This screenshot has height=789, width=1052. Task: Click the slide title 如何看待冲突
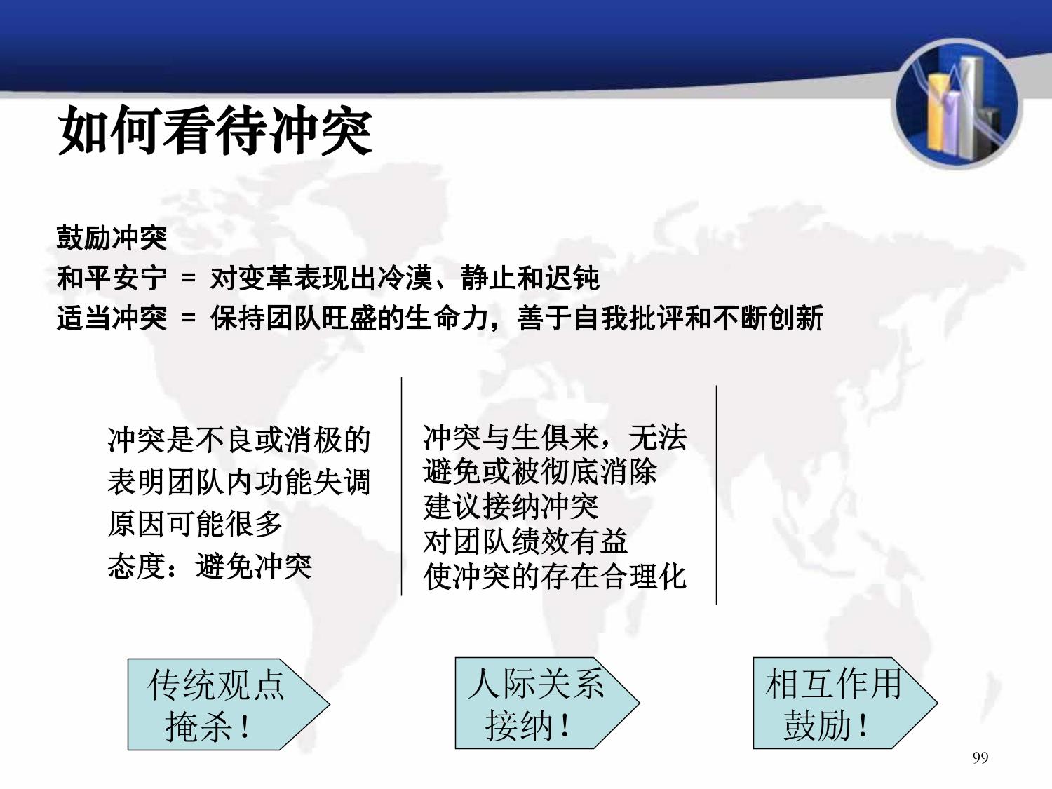click(x=215, y=130)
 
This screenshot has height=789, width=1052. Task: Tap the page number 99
click(x=980, y=757)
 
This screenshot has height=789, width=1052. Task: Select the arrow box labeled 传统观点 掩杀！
click(x=229, y=704)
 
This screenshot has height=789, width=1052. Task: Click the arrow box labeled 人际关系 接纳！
click(x=547, y=703)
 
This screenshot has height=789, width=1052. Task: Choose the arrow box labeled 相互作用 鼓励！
click(x=845, y=703)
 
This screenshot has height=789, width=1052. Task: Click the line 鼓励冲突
click(x=112, y=238)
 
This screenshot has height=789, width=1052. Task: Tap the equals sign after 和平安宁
click(x=189, y=278)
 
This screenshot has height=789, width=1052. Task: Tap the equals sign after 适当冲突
click(x=189, y=318)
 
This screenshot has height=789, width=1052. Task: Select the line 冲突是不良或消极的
click(x=239, y=440)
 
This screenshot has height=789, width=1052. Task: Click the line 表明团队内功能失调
click(x=239, y=482)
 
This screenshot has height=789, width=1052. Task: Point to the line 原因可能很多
click(x=194, y=524)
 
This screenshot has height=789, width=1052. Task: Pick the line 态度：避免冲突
click(x=210, y=566)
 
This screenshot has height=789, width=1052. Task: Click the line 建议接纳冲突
click(x=511, y=507)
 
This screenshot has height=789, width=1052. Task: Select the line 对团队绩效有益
click(x=525, y=542)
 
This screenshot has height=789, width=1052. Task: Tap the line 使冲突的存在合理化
click(x=555, y=576)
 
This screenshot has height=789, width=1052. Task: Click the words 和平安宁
click(x=112, y=278)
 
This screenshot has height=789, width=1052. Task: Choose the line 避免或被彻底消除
click(x=540, y=472)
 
